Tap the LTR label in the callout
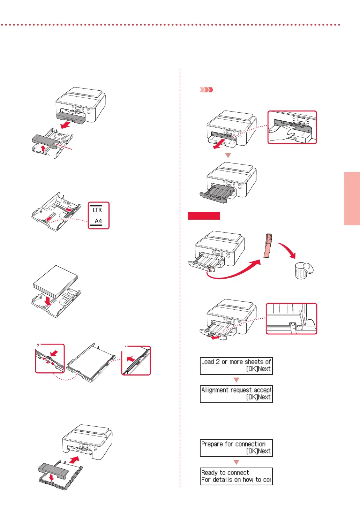click(x=97, y=210)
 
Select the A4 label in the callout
click(x=98, y=221)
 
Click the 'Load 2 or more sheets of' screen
click(x=236, y=365)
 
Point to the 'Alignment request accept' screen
click(x=236, y=394)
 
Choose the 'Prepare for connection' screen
click(x=236, y=448)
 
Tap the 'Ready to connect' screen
click(x=236, y=476)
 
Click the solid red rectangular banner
click(x=204, y=216)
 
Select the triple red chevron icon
click(x=206, y=90)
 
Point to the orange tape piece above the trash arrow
click(x=268, y=245)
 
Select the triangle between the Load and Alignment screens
click(x=236, y=380)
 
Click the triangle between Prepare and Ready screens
click(x=236, y=462)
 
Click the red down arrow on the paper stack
click(x=48, y=300)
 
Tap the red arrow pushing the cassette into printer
click(x=74, y=460)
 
